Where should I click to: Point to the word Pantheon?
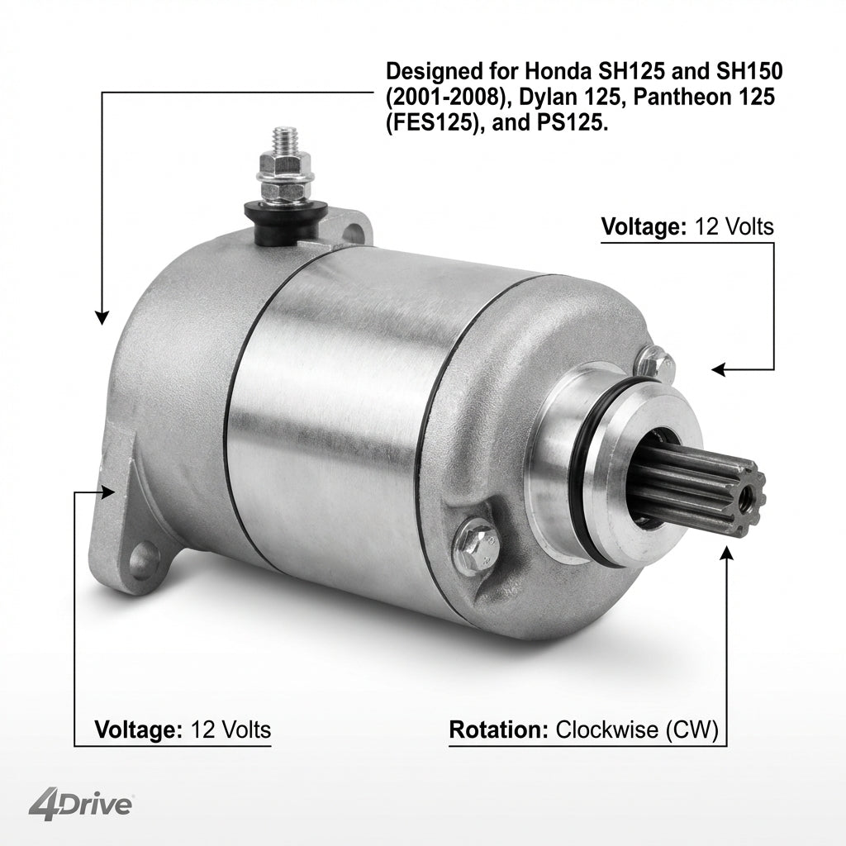[x=679, y=97]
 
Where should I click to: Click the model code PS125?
[x=572, y=123]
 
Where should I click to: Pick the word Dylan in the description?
[x=547, y=98]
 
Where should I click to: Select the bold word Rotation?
[x=499, y=730]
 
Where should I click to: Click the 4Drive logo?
[x=80, y=806]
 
